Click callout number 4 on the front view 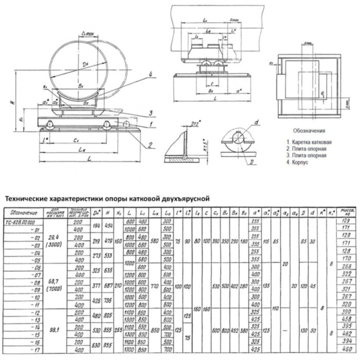click(150, 75)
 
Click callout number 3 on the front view click(151, 113)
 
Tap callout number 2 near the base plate click(150, 144)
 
